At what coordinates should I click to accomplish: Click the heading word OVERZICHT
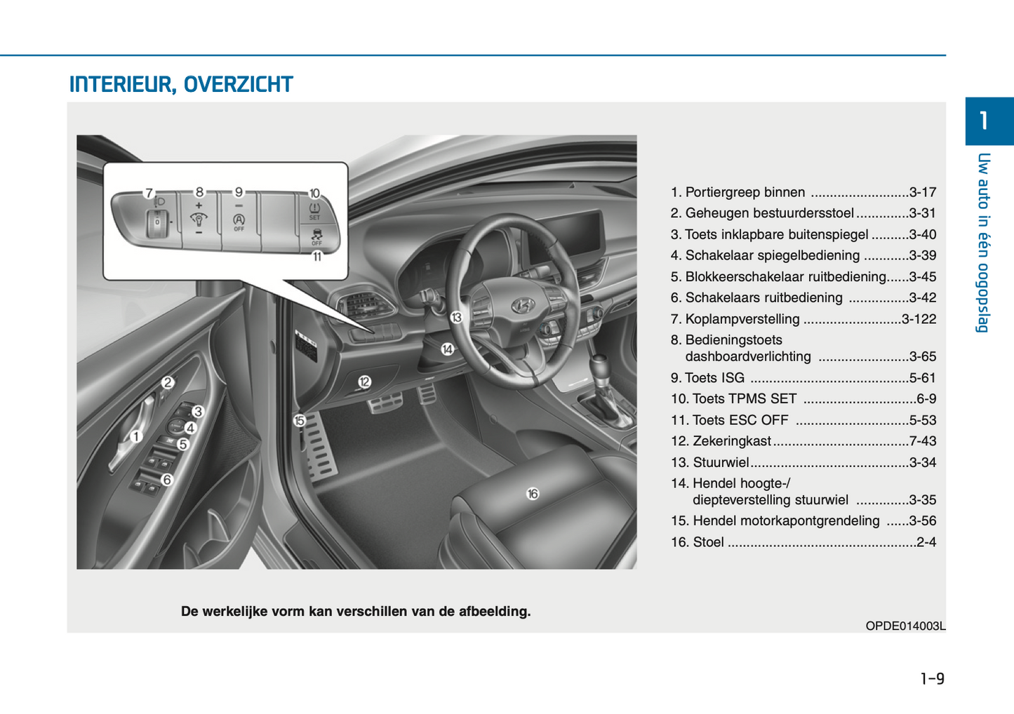238,85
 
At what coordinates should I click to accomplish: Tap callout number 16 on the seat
533,494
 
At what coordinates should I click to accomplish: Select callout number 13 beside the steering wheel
456,318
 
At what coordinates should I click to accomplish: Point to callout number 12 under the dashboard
364,382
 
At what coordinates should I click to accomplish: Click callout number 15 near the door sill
300,421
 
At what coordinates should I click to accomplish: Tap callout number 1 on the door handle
136,436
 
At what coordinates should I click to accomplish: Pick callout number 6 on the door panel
167,480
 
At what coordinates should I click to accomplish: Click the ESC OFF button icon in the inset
316,236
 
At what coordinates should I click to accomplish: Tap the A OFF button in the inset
239,222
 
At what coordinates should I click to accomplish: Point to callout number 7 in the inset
149,193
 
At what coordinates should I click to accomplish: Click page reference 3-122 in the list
919,319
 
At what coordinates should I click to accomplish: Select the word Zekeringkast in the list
732,441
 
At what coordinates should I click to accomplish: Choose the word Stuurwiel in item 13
721,462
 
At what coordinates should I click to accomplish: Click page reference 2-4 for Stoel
926,542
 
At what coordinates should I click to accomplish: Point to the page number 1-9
932,678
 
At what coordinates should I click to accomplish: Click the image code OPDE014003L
905,626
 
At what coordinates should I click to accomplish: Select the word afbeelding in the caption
494,612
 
